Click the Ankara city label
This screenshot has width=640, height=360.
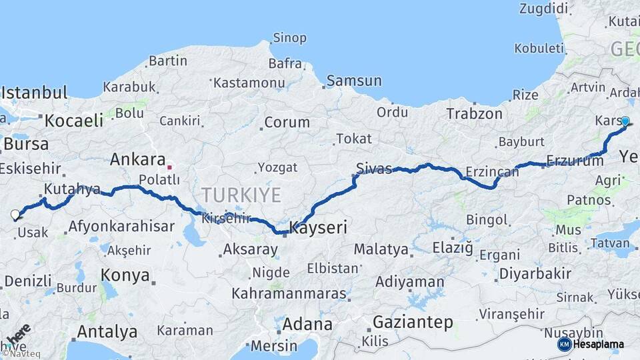click(137, 160)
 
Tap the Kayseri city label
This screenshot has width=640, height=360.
click(319, 228)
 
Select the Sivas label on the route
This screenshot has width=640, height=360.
click(374, 168)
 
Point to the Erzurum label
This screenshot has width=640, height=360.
click(575, 160)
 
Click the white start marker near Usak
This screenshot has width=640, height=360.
click(15, 215)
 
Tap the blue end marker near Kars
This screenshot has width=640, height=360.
click(625, 121)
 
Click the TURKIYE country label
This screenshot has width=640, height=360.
click(241, 195)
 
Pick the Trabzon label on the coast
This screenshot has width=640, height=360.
click(474, 114)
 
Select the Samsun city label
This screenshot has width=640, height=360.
click(354, 81)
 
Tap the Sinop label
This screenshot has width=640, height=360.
click(290, 38)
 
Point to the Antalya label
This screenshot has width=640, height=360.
click(107, 331)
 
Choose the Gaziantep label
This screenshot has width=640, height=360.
click(413, 322)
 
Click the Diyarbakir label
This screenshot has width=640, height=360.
click(535, 273)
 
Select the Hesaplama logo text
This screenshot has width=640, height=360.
click(599, 344)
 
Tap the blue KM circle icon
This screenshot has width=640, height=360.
click(564, 344)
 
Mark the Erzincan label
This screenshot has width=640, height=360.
click(492, 173)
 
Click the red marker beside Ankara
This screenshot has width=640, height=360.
click(170, 167)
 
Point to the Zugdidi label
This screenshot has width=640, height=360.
click(544, 9)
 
